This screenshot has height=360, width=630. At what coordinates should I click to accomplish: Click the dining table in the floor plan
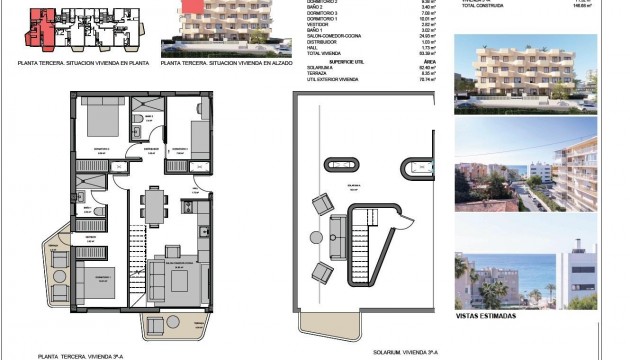pos(152,204)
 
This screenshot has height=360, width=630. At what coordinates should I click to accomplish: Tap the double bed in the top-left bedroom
pos(99,123)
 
